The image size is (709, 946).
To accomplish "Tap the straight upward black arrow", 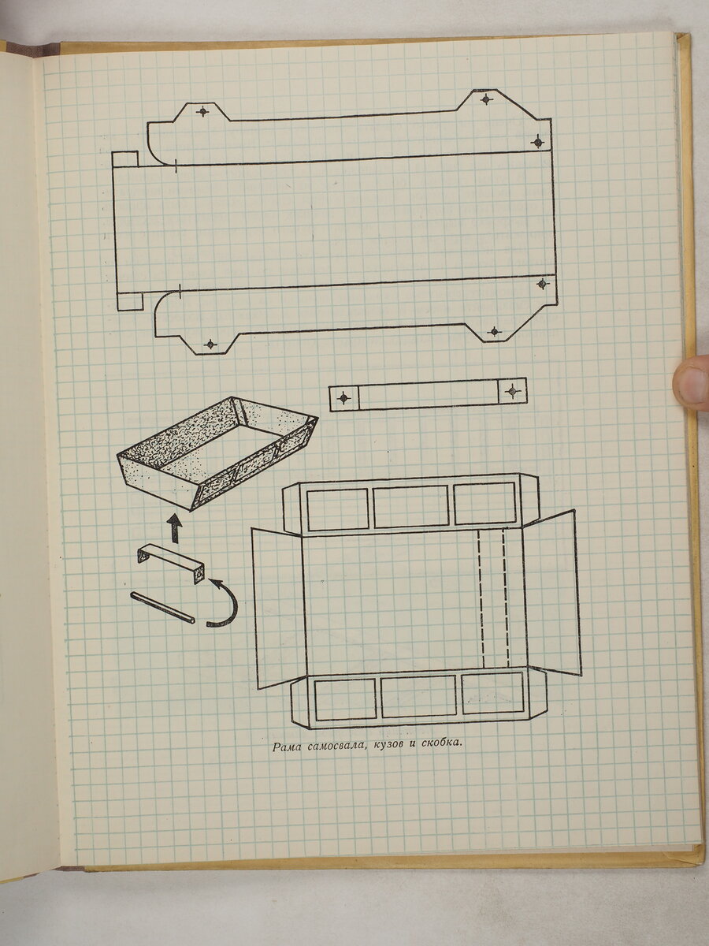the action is (x=175, y=527).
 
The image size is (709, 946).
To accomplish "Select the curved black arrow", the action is (x=224, y=602).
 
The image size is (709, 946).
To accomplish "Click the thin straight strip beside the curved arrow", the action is (x=162, y=608).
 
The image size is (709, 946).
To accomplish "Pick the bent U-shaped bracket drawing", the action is (x=171, y=562).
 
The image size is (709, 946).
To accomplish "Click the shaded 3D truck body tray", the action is (x=218, y=453).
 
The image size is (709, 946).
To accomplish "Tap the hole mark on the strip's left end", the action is (x=343, y=398).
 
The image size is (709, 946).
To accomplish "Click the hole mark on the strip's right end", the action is (x=512, y=391).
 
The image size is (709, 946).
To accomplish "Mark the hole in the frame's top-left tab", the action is (x=202, y=112).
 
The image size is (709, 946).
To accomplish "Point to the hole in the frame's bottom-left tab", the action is (x=210, y=345).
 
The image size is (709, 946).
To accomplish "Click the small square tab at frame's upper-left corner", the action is (x=124, y=158).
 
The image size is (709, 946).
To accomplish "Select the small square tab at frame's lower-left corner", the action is (x=130, y=301).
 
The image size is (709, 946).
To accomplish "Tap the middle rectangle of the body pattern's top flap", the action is (x=410, y=507).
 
